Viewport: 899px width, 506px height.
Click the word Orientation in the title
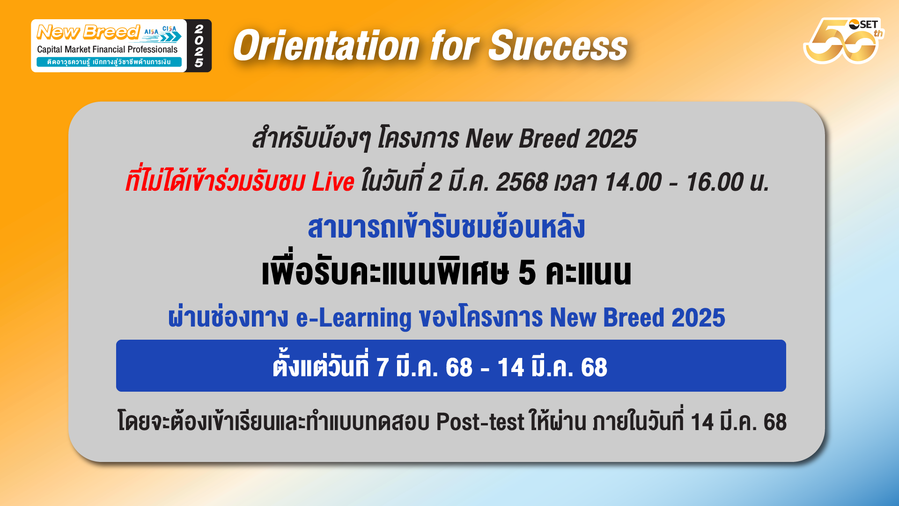pos(326,46)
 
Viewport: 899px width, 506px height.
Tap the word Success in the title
pos(558,46)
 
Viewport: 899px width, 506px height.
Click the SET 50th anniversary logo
pos(843,41)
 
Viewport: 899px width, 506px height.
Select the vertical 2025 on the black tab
pos(199,46)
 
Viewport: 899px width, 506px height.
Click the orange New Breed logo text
pos(88,32)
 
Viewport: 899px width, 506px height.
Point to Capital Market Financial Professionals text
pos(107,49)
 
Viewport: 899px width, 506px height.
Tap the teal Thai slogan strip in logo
pos(109,62)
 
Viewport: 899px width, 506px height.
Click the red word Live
pos(333,182)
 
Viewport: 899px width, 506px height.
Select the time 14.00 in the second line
pos(633,182)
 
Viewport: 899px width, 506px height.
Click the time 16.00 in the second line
pos(715,182)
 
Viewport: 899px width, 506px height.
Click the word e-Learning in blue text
pos(354,318)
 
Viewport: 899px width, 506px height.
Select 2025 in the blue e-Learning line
pos(698,318)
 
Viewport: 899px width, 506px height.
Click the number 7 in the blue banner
pos(383,367)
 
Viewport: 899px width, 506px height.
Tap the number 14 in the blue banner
pos(511,367)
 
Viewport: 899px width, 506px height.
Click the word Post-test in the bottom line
pos(480,422)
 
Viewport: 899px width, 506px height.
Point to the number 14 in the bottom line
pos(702,422)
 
